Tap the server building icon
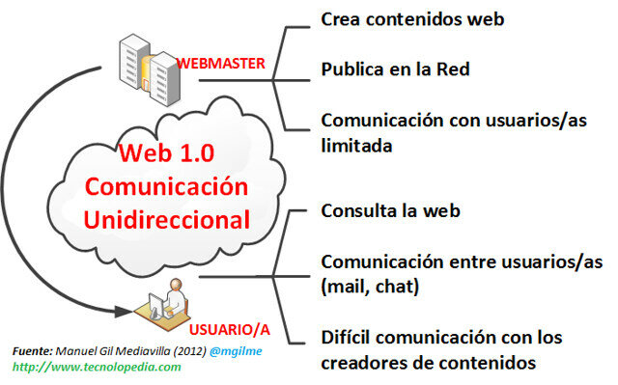[143, 67]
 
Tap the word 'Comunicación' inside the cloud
[180, 185]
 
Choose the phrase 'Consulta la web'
[390, 209]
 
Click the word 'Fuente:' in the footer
[35, 351]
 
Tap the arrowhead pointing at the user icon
[125, 311]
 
